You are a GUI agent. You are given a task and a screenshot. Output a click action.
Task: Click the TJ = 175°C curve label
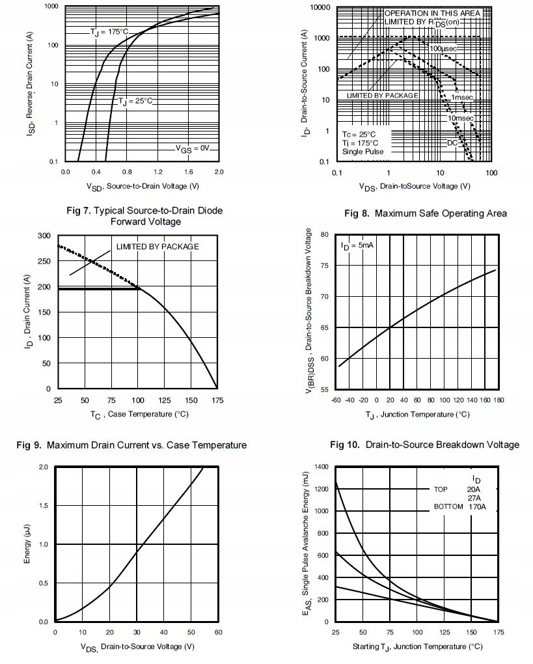[109, 32]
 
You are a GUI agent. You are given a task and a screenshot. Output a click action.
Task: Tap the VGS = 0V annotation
[193, 148]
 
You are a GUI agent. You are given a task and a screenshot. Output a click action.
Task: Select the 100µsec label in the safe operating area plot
[443, 48]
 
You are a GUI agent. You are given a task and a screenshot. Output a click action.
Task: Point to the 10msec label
[460, 118]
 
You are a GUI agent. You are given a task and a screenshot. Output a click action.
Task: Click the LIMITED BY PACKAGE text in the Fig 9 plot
[157, 247]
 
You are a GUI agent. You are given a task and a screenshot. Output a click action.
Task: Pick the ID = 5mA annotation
[357, 245]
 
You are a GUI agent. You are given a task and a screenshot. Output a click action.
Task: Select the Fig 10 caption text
[424, 445]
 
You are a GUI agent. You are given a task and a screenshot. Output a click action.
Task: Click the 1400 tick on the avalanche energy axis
[321, 467]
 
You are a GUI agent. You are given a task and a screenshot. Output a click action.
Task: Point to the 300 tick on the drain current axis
[44, 236]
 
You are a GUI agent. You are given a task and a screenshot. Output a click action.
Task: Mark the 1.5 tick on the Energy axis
[44, 506]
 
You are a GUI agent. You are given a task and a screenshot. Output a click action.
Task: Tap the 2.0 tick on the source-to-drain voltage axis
[219, 173]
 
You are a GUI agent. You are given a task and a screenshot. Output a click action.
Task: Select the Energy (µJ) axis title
[27, 544]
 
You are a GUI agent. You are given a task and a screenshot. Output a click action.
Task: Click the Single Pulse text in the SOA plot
[362, 152]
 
